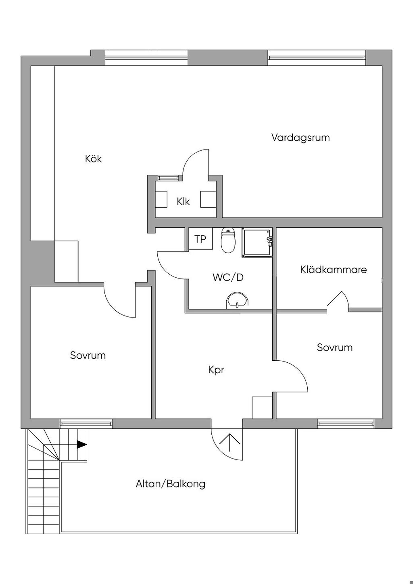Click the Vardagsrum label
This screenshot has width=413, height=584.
point(300,138)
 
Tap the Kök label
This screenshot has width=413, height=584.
point(93,159)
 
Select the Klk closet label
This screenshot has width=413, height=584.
point(183,202)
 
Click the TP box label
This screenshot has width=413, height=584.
point(200,239)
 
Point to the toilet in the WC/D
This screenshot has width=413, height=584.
point(228,241)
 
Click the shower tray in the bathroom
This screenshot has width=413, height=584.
point(257,243)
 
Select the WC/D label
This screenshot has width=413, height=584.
point(228,277)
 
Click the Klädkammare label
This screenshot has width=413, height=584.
point(334,270)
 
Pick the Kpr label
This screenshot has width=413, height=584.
point(216,370)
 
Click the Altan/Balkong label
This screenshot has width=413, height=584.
point(171,484)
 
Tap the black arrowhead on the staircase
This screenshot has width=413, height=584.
point(82,445)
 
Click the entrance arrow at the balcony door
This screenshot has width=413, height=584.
point(230,443)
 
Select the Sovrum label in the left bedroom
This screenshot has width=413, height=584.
point(88,355)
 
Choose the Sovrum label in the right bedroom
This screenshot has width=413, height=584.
point(335,347)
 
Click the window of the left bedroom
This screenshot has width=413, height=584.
point(86,423)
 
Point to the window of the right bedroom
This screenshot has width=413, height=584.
point(346,423)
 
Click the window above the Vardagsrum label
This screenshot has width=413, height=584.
point(317,58)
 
